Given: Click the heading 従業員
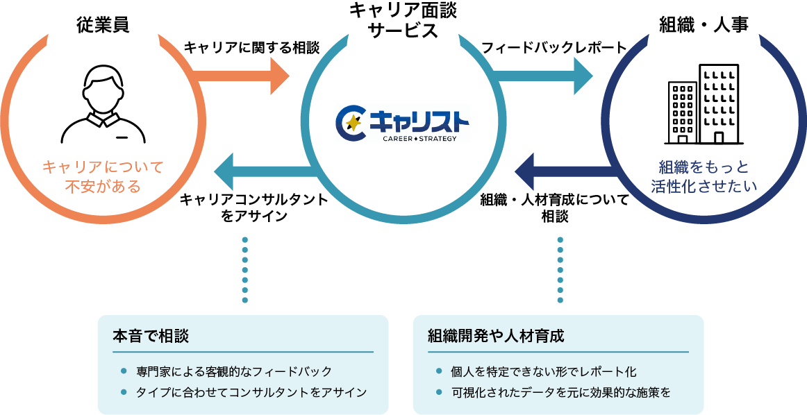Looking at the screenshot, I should (103, 24).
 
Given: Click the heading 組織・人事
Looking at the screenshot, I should (704, 24).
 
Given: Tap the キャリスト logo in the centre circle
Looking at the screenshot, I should (403, 124).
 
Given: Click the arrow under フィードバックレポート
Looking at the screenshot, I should (542, 76).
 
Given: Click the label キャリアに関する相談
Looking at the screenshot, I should (251, 48).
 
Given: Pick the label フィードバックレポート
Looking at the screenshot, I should (554, 48).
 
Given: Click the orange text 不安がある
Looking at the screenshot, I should (103, 187).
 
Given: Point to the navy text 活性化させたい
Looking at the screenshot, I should (704, 187).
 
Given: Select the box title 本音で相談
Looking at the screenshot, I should (151, 336).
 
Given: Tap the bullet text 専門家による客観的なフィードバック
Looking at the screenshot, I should (234, 371).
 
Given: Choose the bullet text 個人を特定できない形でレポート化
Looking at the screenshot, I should (543, 371).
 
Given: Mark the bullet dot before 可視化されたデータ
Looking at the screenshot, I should (439, 392).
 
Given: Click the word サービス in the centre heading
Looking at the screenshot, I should (403, 31).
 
